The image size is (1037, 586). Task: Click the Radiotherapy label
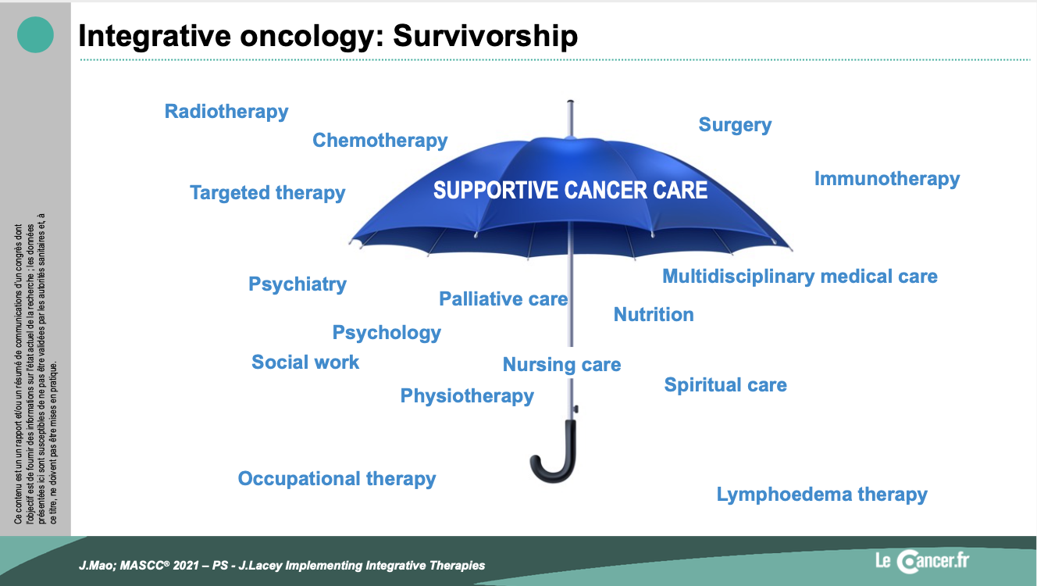[226, 112]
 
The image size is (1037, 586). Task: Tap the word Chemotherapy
[380, 141]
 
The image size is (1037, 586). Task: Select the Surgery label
[735, 125]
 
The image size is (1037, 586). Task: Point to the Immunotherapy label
[887, 179]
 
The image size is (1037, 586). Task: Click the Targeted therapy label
[268, 193]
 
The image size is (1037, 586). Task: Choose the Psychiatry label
[298, 284]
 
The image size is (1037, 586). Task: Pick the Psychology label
[387, 333]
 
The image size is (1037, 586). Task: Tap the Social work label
[305, 363]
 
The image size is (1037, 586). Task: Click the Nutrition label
[654, 315]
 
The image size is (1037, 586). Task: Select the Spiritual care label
[725, 385]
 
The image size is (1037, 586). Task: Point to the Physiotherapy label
[467, 396]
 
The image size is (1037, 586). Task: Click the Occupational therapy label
[337, 479]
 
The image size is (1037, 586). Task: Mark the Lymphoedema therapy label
[822, 495]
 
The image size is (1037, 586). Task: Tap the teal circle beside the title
[35, 34]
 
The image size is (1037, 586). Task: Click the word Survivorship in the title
[486, 36]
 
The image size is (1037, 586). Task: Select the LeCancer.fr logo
[921, 562]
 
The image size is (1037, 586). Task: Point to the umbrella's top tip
[570, 101]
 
